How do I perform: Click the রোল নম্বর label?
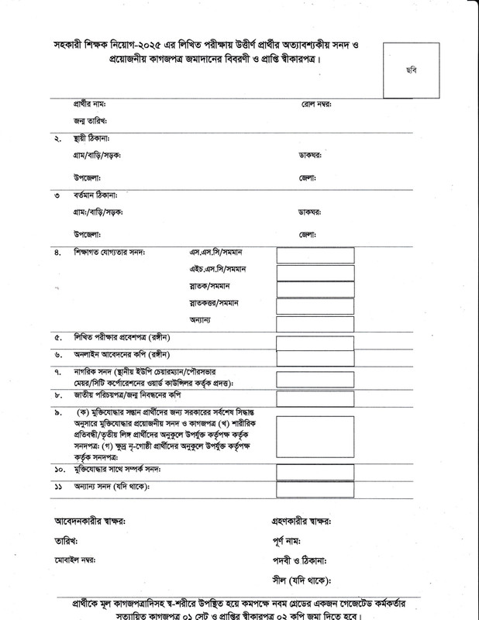tap(317, 104)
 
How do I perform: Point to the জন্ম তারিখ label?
tap(90, 122)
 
